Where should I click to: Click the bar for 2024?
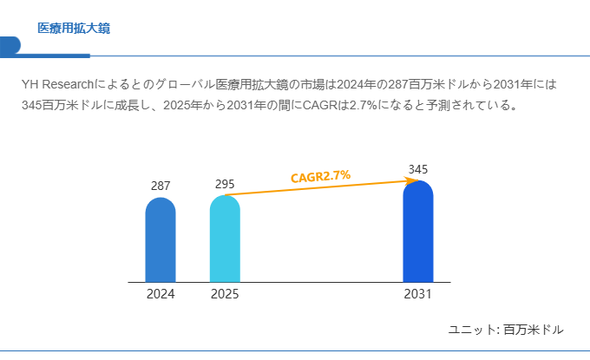[x=161, y=240]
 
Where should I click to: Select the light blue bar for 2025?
[x=225, y=239]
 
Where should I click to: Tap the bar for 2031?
[x=418, y=232]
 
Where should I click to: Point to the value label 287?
[x=161, y=186]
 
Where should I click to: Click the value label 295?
[x=225, y=184]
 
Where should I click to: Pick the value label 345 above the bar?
[x=418, y=169]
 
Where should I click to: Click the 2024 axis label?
[x=161, y=294]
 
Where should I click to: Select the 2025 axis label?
[x=225, y=294]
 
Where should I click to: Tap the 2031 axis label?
[x=418, y=294]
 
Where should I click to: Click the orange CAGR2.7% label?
[x=320, y=176]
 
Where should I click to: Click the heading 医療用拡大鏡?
[x=74, y=29]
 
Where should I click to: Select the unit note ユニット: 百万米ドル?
[x=506, y=330]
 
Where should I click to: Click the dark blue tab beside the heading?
[x=10, y=45]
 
